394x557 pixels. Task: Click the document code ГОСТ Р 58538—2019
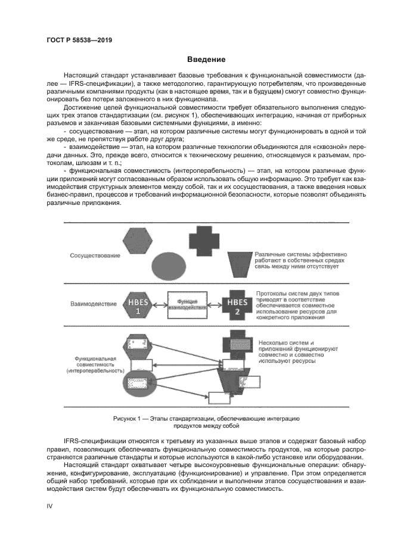click(79, 40)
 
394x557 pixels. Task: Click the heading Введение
click(206, 60)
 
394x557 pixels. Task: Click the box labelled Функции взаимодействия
click(187, 304)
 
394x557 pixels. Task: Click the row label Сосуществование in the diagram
click(94, 256)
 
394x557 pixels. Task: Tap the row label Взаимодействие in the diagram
click(94, 304)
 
